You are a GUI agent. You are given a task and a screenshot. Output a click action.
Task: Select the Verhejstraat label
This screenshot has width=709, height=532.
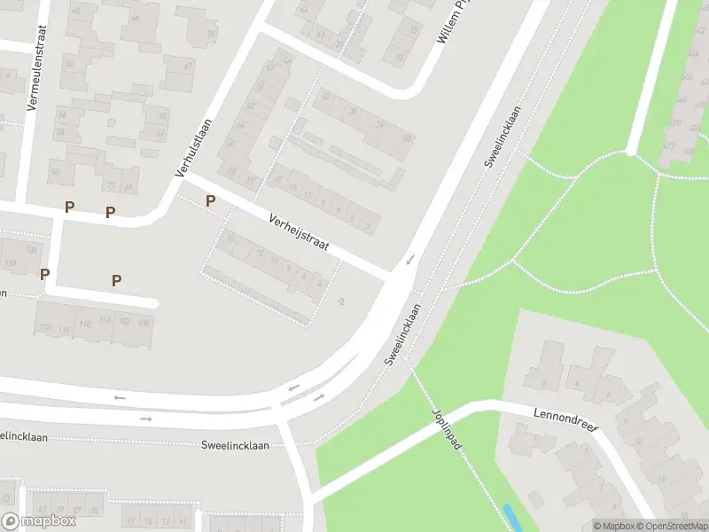pyautogui.click(x=300, y=232)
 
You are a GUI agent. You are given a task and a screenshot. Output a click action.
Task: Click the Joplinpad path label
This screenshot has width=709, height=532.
pyautogui.click(x=447, y=429)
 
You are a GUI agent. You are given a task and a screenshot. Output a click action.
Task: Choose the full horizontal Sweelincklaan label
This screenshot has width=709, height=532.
pyautogui.click(x=235, y=445)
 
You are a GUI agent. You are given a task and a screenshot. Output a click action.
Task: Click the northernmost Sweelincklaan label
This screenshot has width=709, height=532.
pyautogui.click(x=502, y=137)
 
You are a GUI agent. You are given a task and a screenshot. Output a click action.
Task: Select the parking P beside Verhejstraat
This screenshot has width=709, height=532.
pyautogui.click(x=210, y=201)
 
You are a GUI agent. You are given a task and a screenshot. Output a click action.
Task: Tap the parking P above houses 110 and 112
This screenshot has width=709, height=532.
pyautogui.click(x=116, y=280)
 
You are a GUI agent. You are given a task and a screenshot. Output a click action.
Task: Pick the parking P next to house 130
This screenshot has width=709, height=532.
pyautogui.click(x=44, y=274)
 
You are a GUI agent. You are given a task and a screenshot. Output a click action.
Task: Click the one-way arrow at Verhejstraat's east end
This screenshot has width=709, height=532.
pyautogui.click(x=409, y=260)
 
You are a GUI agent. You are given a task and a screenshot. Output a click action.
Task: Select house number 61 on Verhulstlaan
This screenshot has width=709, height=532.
pyautogui.click(x=188, y=66)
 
